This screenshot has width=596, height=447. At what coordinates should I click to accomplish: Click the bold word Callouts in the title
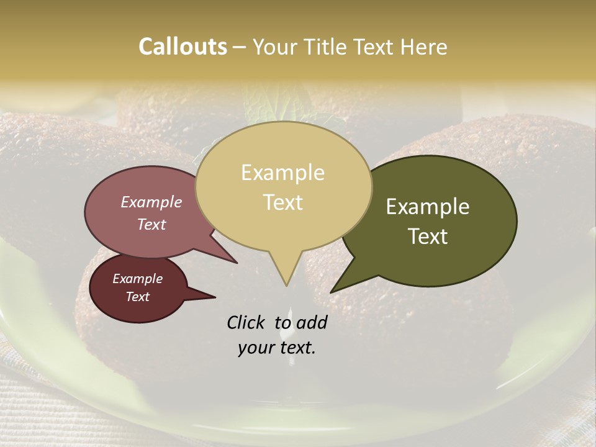pyautogui.click(x=183, y=47)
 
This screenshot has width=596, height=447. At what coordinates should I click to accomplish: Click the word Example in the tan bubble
pyautogui.click(x=282, y=172)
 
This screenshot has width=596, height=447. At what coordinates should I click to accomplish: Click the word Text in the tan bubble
pyautogui.click(x=283, y=202)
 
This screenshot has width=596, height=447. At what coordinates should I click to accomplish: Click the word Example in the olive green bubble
pyautogui.click(x=428, y=207)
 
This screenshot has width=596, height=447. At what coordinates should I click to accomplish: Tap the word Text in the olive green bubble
pyautogui.click(x=428, y=237)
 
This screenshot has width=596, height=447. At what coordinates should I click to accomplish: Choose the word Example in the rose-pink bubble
pyautogui.click(x=151, y=202)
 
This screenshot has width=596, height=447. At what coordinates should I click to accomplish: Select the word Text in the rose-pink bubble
pyautogui.click(x=151, y=224)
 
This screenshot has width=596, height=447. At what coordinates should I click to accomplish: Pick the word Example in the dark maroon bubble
pyautogui.click(x=137, y=279)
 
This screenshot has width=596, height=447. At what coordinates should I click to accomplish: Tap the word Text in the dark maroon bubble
pyautogui.click(x=137, y=297)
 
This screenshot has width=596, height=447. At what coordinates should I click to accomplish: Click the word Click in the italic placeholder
pyautogui.click(x=247, y=322)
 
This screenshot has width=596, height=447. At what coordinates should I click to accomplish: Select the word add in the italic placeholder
pyautogui.click(x=311, y=322)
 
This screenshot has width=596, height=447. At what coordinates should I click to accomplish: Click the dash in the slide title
pyautogui.click(x=240, y=47)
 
